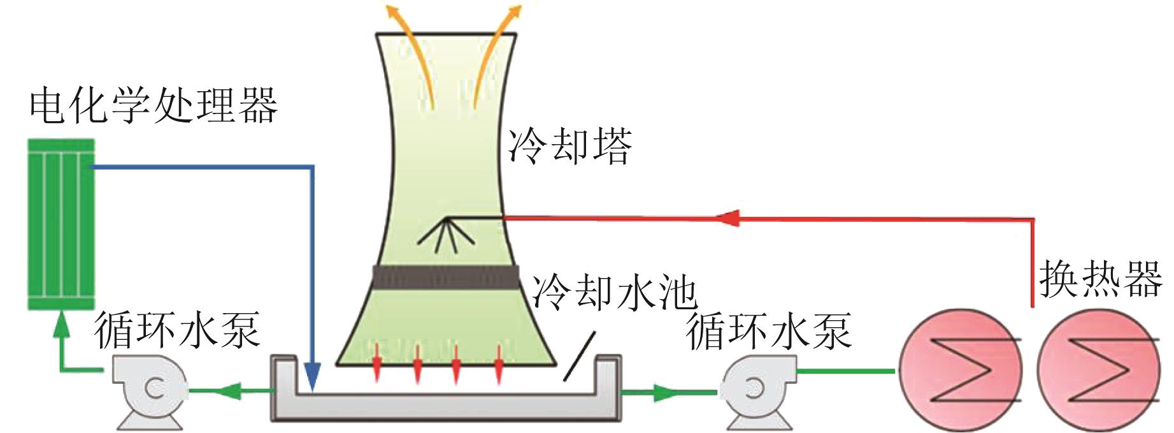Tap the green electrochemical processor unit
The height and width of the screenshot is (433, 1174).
point(61,224)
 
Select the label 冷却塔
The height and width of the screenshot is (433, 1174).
point(569,146)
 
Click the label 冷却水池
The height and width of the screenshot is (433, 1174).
point(614,292)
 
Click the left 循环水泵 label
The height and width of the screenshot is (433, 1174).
point(176,330)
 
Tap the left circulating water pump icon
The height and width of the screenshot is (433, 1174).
point(150,390)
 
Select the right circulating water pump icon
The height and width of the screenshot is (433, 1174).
point(757,390)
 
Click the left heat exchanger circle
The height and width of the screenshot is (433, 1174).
point(960,371)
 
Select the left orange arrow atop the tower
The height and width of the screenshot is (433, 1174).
point(412,45)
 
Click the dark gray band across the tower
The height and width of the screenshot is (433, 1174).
point(445,277)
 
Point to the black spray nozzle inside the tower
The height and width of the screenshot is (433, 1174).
point(445,233)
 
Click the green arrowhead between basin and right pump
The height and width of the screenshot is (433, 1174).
point(662,392)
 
